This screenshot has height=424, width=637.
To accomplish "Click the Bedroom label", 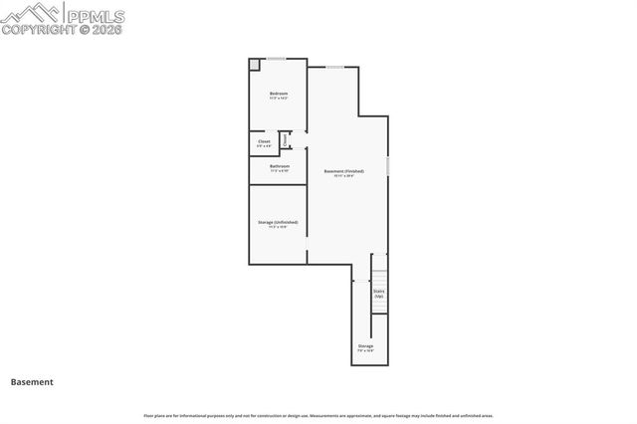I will [x=278, y=94].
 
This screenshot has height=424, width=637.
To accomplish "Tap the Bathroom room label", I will [x=278, y=166].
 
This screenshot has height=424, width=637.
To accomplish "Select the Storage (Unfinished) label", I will [x=278, y=222].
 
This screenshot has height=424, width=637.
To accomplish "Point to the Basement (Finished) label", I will [x=344, y=171].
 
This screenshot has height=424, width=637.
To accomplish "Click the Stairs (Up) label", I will [x=379, y=293].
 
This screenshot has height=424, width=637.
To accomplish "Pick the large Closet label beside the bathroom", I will [x=264, y=141].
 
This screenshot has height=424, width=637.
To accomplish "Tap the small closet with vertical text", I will [x=286, y=140].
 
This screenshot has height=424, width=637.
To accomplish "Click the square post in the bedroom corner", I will [x=254, y=65].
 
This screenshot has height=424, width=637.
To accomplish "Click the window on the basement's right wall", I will [x=388, y=165].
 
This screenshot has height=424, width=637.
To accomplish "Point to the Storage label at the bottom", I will [x=366, y=345].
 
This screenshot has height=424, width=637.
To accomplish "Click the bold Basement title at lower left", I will [x=32, y=381].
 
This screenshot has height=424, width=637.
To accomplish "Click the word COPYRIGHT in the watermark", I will [x=41, y=29].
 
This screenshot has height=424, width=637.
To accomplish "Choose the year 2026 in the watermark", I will [x=106, y=29].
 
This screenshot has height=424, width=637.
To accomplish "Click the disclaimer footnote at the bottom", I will [x=318, y=415].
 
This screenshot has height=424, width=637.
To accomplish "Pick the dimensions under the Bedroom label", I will [x=278, y=99].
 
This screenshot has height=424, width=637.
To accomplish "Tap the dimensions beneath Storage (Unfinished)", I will [x=278, y=227].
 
